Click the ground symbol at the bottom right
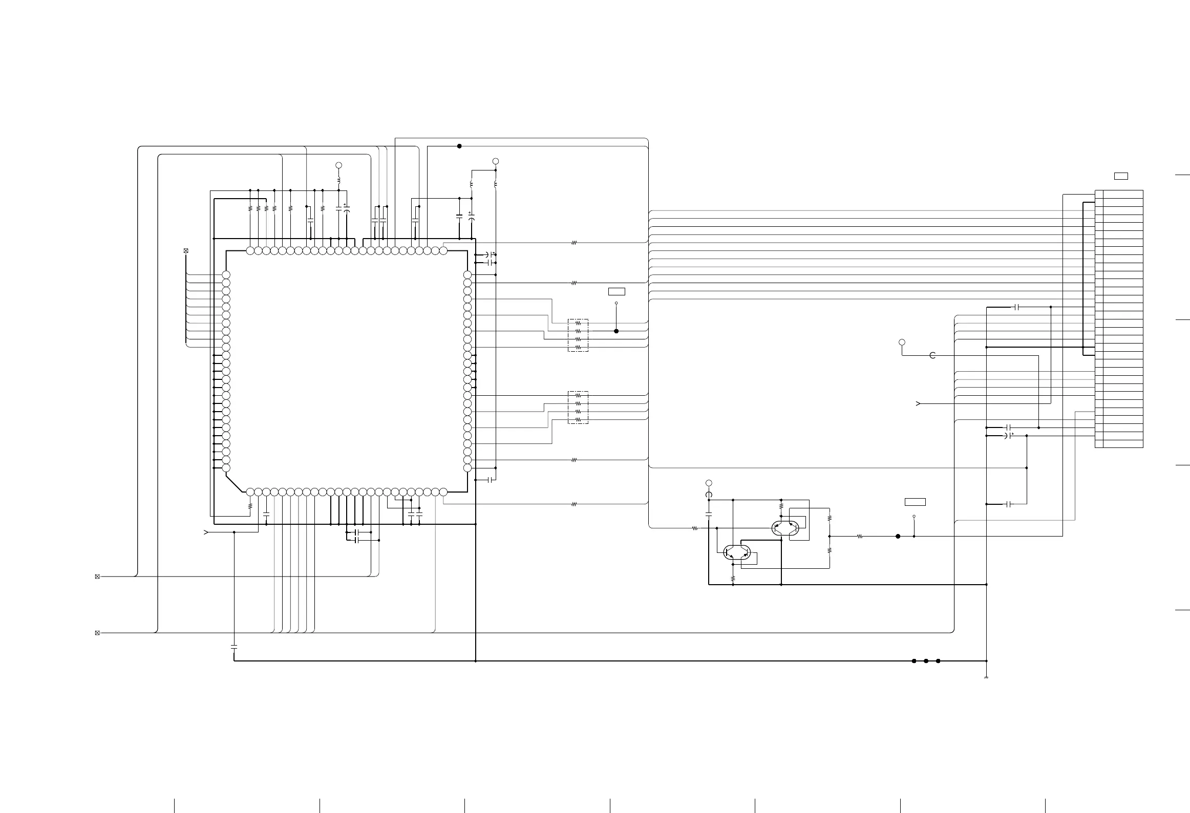coord(986,677)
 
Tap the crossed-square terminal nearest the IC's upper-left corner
coord(186,251)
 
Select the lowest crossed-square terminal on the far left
coord(97,633)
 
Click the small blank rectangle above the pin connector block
coord(1121,177)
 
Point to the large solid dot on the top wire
coord(459,146)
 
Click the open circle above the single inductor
coord(338,165)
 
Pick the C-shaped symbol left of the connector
coord(932,355)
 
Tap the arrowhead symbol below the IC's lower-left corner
coord(206,532)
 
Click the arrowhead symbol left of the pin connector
coord(918,404)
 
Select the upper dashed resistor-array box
coord(578,335)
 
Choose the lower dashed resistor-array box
coord(578,408)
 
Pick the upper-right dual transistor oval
coord(785,528)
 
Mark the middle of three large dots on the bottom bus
coord(926,661)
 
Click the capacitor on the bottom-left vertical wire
coord(234,647)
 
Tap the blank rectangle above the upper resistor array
coord(617,292)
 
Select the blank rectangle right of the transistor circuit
coord(915,502)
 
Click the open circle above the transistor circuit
coord(709,483)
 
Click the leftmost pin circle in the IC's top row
coord(250,251)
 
